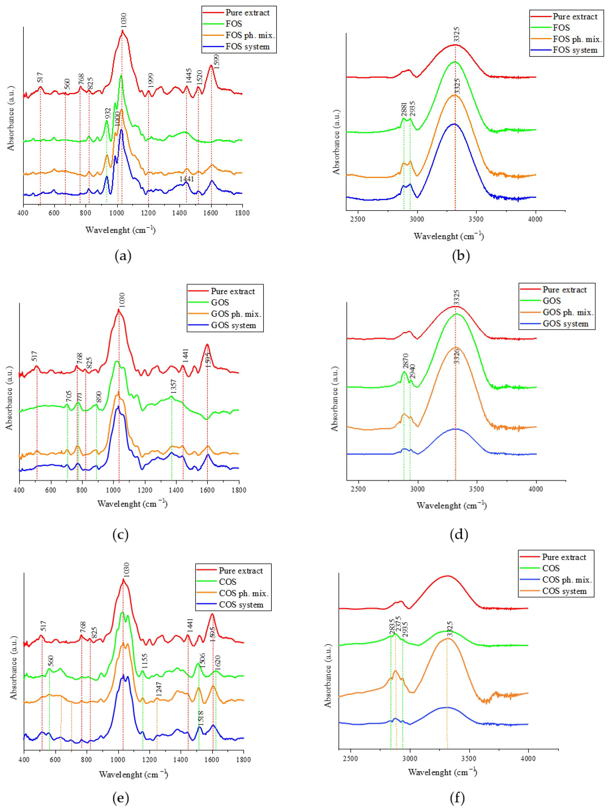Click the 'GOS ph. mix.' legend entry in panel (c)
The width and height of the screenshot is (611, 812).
(236, 314)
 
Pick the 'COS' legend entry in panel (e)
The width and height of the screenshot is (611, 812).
(228, 582)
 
